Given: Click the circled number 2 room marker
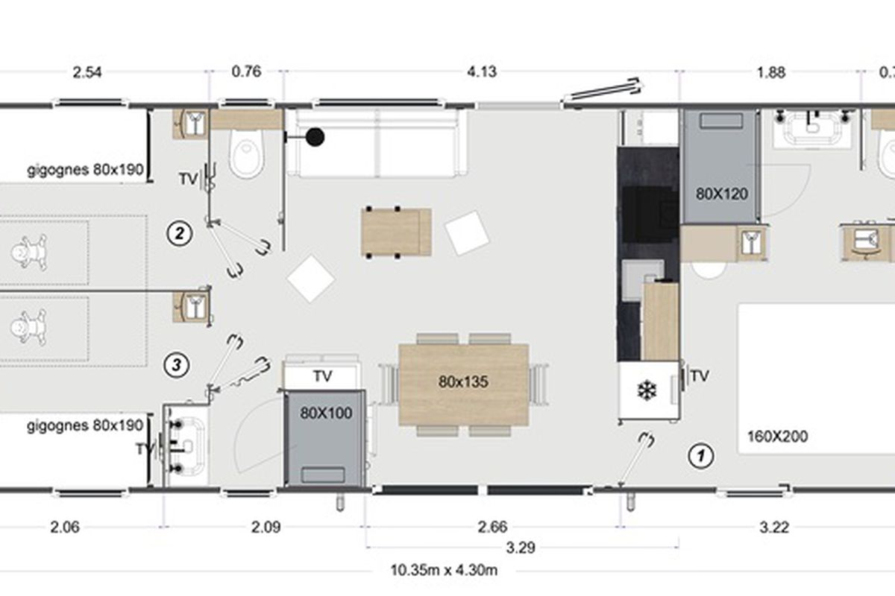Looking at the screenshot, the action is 180,233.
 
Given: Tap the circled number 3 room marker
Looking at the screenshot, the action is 177,364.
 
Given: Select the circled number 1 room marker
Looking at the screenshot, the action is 701,455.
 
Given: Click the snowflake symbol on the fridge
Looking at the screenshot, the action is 647,390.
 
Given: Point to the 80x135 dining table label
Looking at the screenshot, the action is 463,382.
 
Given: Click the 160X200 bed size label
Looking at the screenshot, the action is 777,437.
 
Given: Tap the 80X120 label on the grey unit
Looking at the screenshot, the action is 722,194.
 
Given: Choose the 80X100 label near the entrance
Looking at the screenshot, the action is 326,413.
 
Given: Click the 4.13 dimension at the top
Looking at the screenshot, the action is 482,72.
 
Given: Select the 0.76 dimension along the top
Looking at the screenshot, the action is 247,72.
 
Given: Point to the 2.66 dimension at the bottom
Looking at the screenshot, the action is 492,527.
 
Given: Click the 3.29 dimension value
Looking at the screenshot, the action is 521,548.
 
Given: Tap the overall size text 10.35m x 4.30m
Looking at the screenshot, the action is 444,570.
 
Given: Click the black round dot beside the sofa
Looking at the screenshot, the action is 315,137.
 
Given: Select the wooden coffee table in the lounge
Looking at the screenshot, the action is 396,232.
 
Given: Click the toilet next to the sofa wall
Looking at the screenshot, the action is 247,153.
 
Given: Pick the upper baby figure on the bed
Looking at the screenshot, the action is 28,252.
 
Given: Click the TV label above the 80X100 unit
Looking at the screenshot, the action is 322,376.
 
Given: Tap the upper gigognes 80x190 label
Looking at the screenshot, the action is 85,170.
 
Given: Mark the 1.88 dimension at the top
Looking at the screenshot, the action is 771,73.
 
